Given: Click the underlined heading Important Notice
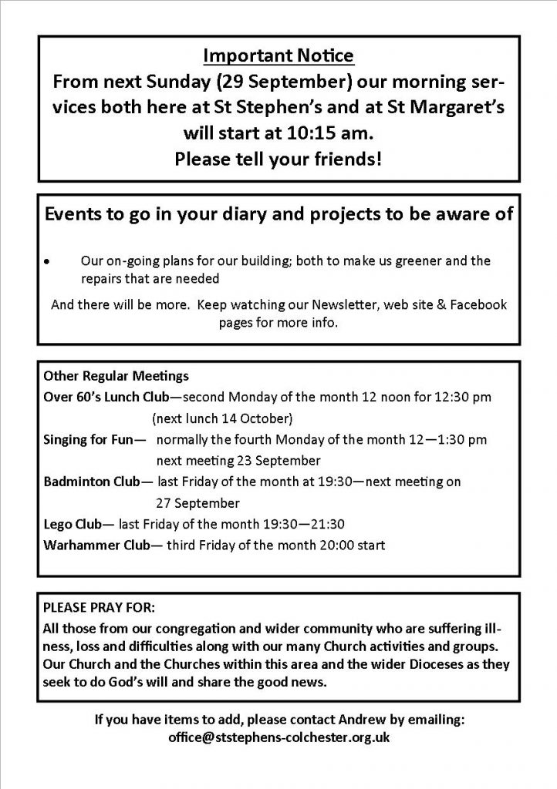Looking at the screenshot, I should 278,55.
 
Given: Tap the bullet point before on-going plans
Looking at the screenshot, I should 48,262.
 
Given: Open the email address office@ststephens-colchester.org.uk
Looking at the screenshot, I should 278,737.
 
